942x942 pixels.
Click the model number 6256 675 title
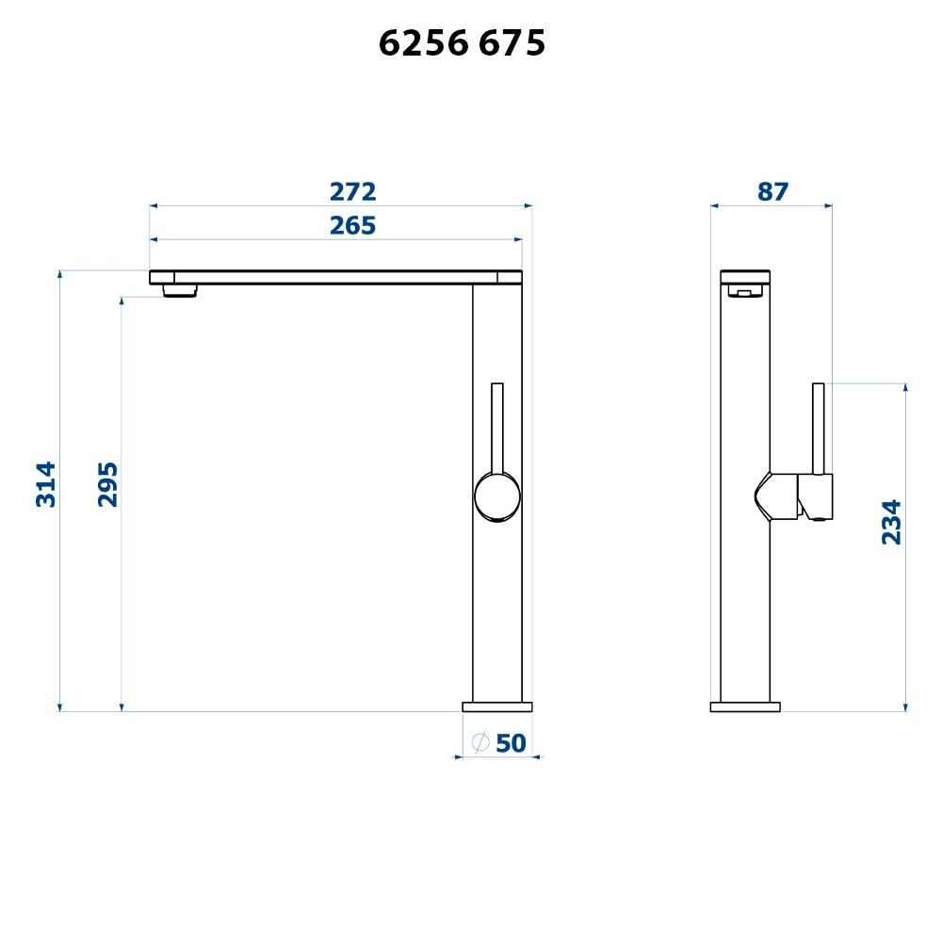pyautogui.click(x=462, y=43)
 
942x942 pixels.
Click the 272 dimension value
pyautogui.click(x=353, y=192)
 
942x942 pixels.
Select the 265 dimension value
pyautogui.click(x=353, y=226)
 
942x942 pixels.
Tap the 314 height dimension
pyautogui.click(x=46, y=484)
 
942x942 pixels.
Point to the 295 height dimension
pyautogui.click(x=108, y=484)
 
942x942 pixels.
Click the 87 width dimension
pyautogui.click(x=772, y=192)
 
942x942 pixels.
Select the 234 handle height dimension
pyautogui.click(x=891, y=522)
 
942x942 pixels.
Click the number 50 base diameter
pyautogui.click(x=510, y=743)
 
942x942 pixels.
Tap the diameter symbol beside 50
pyautogui.click(x=479, y=742)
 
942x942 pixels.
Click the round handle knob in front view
pyautogui.click(x=496, y=496)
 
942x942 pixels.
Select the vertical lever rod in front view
pyautogui.click(x=497, y=424)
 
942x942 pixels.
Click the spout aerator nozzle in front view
pyautogui.click(x=180, y=290)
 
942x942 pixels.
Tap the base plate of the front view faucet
pyautogui.click(x=496, y=706)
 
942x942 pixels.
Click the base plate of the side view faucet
pyautogui.click(x=745, y=706)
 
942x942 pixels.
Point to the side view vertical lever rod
pyautogui.click(x=819, y=424)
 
